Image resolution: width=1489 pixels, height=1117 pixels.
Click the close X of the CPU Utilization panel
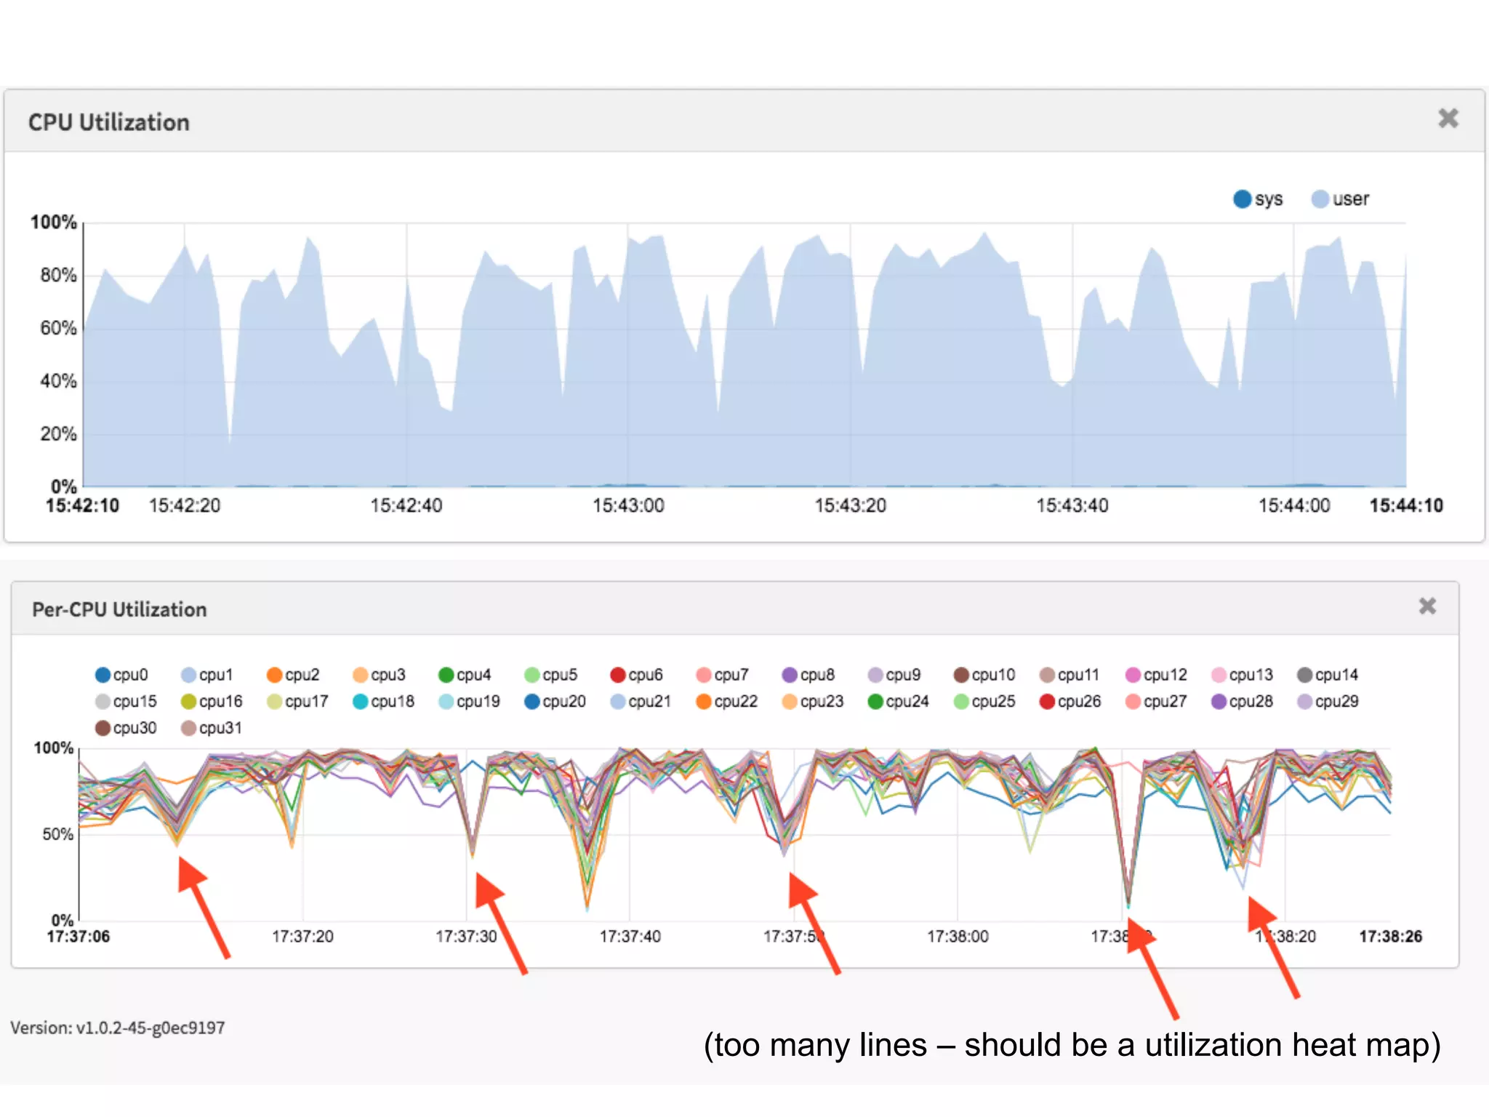(1448, 119)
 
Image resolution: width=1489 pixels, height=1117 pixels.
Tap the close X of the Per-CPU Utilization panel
(1427, 606)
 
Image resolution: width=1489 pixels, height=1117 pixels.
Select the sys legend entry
(1259, 199)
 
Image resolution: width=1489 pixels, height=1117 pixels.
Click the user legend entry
(1341, 199)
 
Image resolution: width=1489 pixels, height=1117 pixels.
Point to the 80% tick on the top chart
(58, 275)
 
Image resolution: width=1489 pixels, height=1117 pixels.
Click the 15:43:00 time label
(628, 506)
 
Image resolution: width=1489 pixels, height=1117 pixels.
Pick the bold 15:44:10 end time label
(1406, 506)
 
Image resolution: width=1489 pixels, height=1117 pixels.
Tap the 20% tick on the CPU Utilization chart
(58, 434)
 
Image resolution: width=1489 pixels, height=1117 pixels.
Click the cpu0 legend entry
(122, 675)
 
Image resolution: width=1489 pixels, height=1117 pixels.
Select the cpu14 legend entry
(1328, 675)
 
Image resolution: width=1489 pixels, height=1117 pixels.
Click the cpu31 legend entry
(211, 728)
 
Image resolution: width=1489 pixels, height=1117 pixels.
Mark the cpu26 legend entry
(1070, 702)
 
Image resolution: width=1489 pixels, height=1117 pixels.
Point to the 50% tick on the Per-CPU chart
(58, 834)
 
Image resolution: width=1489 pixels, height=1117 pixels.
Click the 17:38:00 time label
(958, 937)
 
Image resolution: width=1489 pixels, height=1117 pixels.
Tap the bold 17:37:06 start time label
(79, 937)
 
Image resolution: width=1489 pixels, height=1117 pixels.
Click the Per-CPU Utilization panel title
(119, 609)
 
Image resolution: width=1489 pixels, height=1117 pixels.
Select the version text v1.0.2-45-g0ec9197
(118, 1028)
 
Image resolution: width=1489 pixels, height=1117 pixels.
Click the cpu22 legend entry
(727, 702)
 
